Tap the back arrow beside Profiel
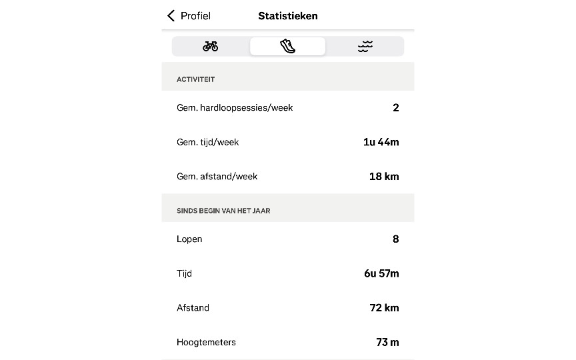pyautogui.click(x=171, y=16)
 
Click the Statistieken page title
pyautogui.click(x=288, y=16)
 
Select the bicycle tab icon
pyautogui.click(x=211, y=46)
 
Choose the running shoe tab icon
pyautogui.click(x=287, y=46)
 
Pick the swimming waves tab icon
pyautogui.click(x=365, y=46)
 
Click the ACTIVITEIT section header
pyautogui.click(x=195, y=79)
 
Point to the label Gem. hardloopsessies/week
pyautogui.click(x=235, y=107)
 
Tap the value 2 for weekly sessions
pyautogui.click(x=395, y=107)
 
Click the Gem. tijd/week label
pyautogui.click(x=207, y=142)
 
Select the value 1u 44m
pyautogui.click(x=381, y=142)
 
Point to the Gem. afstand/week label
pyautogui.click(x=217, y=177)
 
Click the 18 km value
pyautogui.click(x=384, y=177)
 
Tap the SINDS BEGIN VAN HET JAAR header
pyautogui.click(x=223, y=211)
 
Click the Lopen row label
pyautogui.click(x=189, y=239)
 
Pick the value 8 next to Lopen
pyautogui.click(x=395, y=239)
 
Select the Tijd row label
pyautogui.click(x=184, y=273)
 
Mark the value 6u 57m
pyautogui.click(x=381, y=273)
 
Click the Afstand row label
pyautogui.click(x=193, y=308)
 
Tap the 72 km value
pyautogui.click(x=384, y=308)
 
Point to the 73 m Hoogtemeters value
pyautogui.click(x=387, y=343)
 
